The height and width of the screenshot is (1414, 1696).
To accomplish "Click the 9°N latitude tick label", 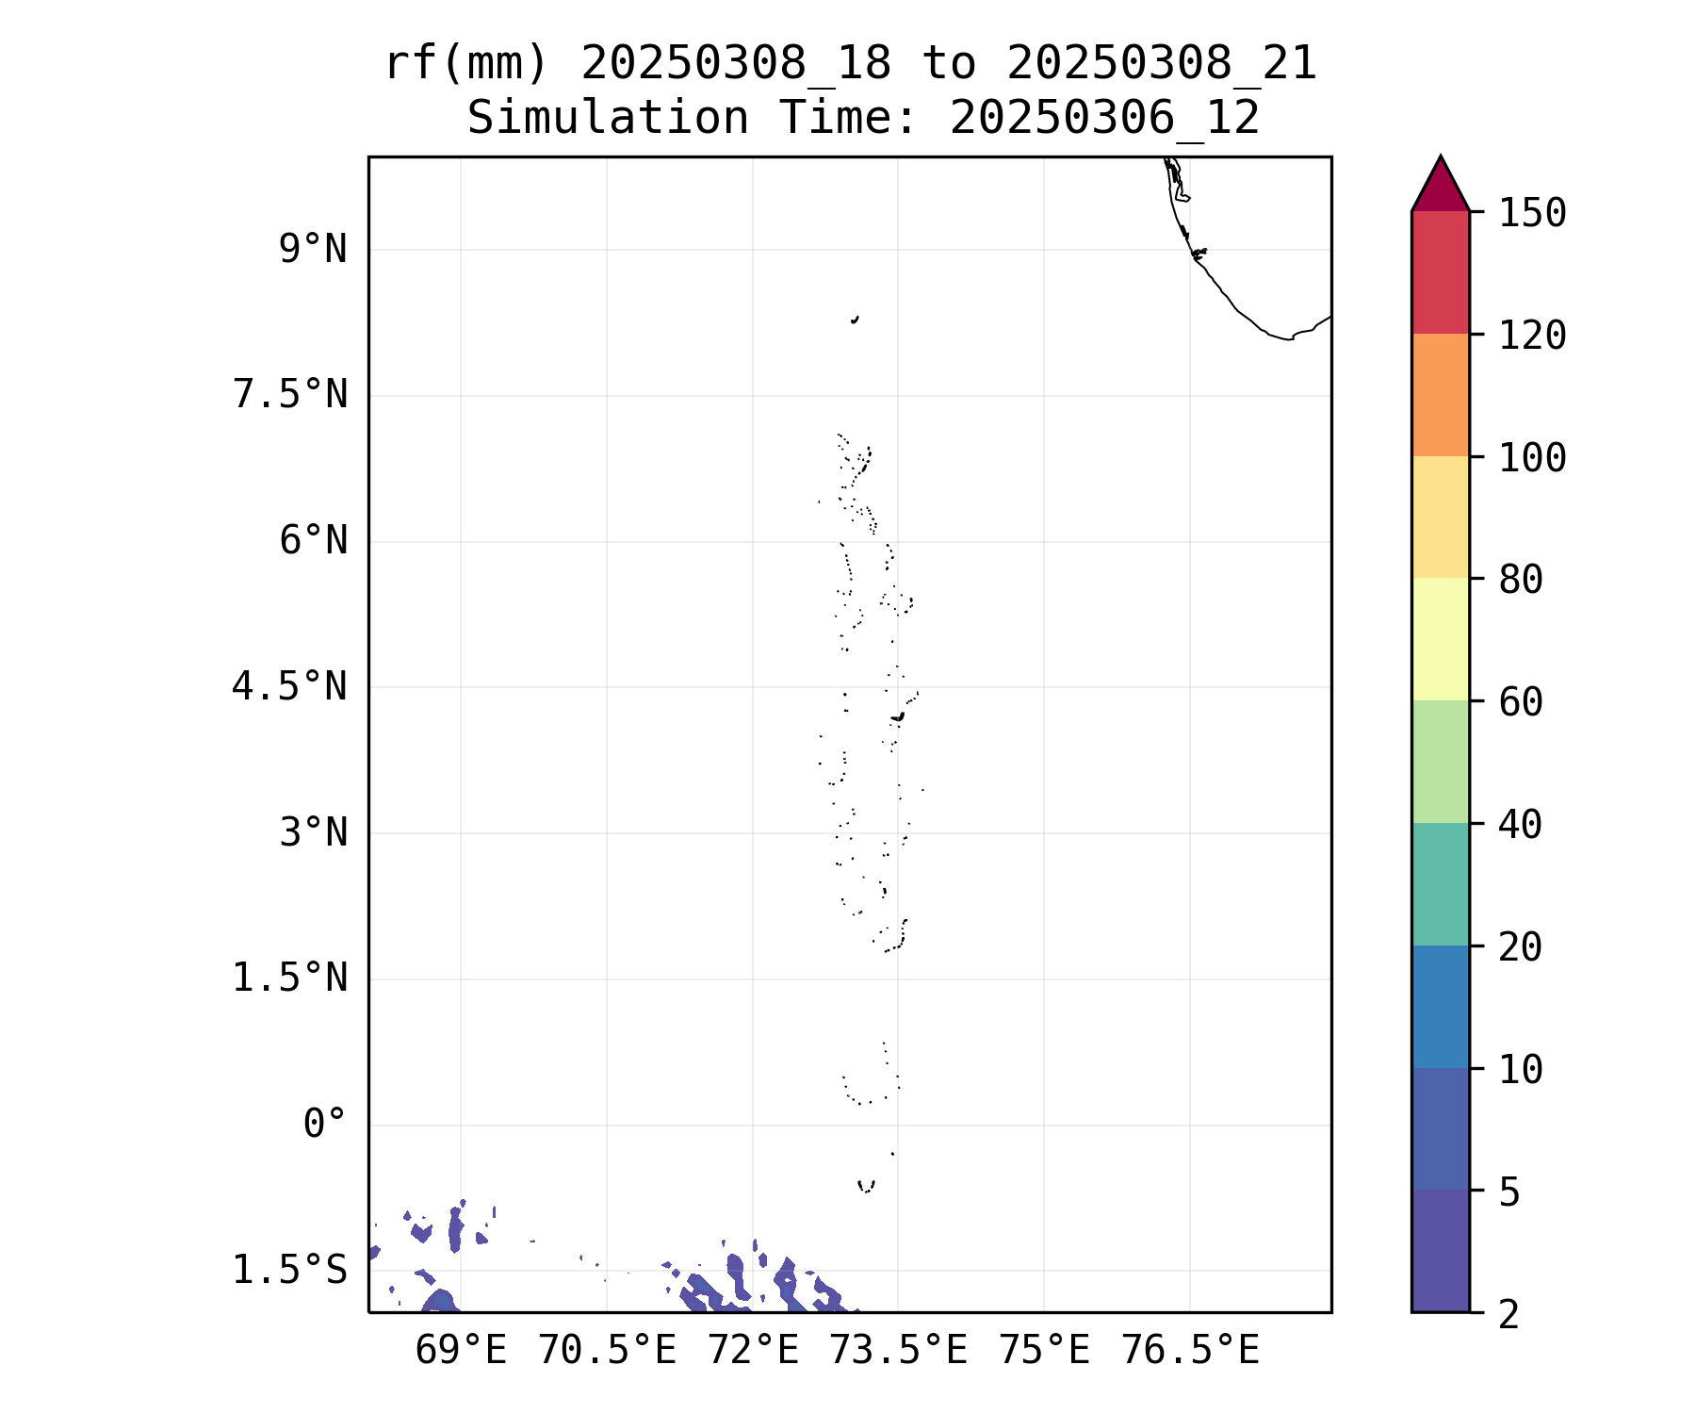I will pyautogui.click(x=312, y=250).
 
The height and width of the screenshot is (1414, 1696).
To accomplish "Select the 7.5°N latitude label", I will pyautogui.click(x=289, y=395).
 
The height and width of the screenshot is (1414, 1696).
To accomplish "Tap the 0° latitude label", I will pyautogui.click(x=324, y=1124).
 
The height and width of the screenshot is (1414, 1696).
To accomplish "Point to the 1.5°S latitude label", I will pyautogui.click(x=289, y=1270).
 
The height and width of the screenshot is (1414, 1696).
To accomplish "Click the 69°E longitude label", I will pyautogui.click(x=460, y=1351).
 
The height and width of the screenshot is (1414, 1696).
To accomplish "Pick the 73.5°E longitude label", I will pyautogui.click(x=897, y=1351).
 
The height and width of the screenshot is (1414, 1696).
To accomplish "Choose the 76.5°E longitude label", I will pyautogui.click(x=1189, y=1351).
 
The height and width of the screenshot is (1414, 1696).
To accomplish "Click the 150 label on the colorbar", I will pyautogui.click(x=1532, y=213).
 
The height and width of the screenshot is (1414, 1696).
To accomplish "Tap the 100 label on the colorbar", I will pyautogui.click(x=1532, y=458).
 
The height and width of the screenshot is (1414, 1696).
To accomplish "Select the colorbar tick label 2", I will pyautogui.click(x=1509, y=1314).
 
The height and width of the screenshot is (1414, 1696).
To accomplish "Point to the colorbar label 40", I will pyautogui.click(x=1520, y=825).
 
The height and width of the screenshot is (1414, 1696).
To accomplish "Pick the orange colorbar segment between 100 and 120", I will pyautogui.click(x=1440, y=395).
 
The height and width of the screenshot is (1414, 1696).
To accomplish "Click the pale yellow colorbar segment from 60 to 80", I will pyautogui.click(x=1440, y=639).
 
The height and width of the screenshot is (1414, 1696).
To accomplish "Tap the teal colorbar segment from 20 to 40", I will pyautogui.click(x=1440, y=883).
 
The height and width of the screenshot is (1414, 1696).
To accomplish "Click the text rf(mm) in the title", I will pyautogui.click(x=465, y=64).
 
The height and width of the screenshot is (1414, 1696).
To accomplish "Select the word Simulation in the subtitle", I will pyautogui.click(x=608, y=119).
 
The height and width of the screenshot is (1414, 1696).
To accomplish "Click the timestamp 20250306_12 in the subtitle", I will pyautogui.click(x=1104, y=119).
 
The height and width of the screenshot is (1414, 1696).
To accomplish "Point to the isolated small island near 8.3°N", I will pyautogui.click(x=855, y=320).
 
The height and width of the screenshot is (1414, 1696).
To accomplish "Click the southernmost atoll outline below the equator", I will pyautogui.click(x=866, y=1186).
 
